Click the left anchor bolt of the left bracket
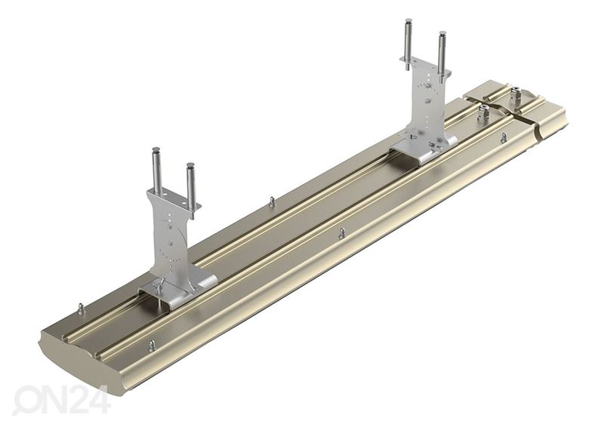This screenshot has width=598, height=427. point(157,170)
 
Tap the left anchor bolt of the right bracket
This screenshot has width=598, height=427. point(408,44)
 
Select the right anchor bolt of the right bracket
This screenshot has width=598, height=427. point(442,57)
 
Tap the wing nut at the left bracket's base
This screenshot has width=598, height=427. point(160,284)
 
